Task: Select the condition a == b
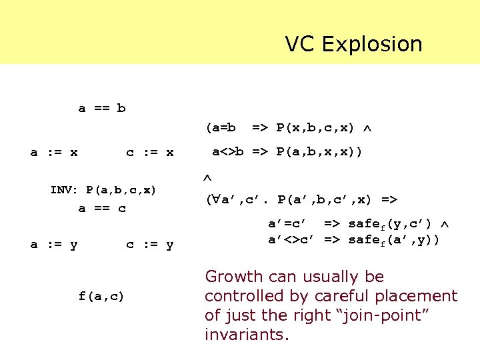[x=102, y=108]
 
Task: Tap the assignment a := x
[x=54, y=153]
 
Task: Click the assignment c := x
[x=150, y=153]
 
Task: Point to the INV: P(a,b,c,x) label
[x=103, y=190]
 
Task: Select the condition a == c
[x=102, y=208]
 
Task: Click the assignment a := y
[x=54, y=245]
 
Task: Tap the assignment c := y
[x=150, y=245]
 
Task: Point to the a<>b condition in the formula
[x=227, y=152]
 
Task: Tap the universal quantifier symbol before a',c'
[x=215, y=199]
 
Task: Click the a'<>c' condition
[x=291, y=239]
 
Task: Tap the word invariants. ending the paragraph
[x=247, y=334]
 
